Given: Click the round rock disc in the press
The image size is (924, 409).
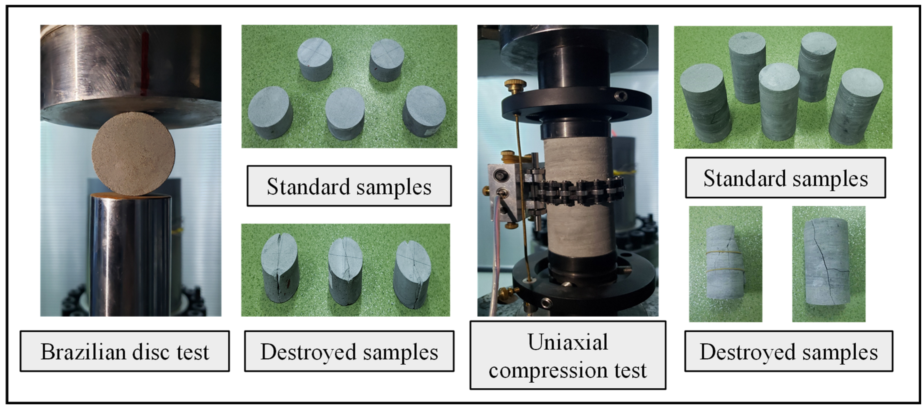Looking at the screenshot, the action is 133,154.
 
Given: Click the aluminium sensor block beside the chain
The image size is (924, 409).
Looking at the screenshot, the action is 502,190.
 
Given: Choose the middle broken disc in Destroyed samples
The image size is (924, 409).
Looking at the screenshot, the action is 345,271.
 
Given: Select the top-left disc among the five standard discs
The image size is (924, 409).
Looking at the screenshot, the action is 315,59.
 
